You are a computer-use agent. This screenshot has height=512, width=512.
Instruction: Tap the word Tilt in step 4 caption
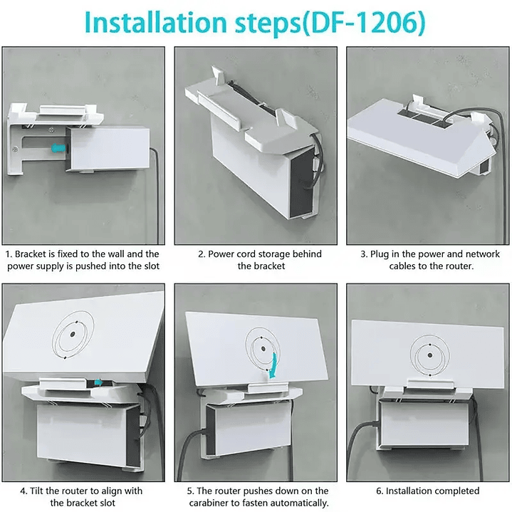[40, 491]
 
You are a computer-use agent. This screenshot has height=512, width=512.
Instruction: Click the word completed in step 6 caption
[454, 491]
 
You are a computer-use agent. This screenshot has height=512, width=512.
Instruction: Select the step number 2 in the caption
[201, 254]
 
